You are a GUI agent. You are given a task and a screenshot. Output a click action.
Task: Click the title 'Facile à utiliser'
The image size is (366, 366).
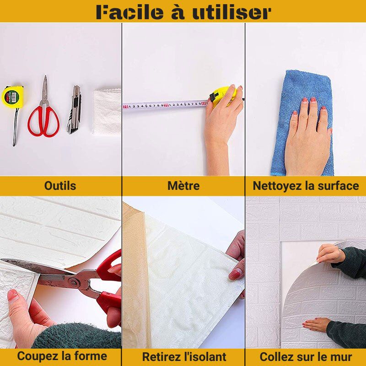183,12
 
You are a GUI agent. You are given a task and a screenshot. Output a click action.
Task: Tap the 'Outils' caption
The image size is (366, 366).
60,186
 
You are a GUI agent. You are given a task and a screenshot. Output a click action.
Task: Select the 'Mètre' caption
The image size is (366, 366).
183,186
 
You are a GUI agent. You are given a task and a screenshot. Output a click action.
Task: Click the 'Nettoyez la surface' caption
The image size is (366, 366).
306,186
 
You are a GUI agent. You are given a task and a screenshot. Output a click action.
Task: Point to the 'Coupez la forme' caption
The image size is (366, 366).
62,356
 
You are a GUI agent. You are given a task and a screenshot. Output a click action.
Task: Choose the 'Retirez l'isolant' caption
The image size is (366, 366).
184,357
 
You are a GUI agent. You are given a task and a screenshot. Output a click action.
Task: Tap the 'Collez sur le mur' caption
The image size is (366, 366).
306,357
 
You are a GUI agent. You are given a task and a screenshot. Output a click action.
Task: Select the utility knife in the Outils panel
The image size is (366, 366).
74,109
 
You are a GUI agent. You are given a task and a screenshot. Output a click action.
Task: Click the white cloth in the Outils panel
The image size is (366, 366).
107,112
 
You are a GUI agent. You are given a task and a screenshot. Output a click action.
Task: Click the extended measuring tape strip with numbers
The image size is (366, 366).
165,106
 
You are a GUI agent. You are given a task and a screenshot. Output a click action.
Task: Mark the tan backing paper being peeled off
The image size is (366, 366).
135,275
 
